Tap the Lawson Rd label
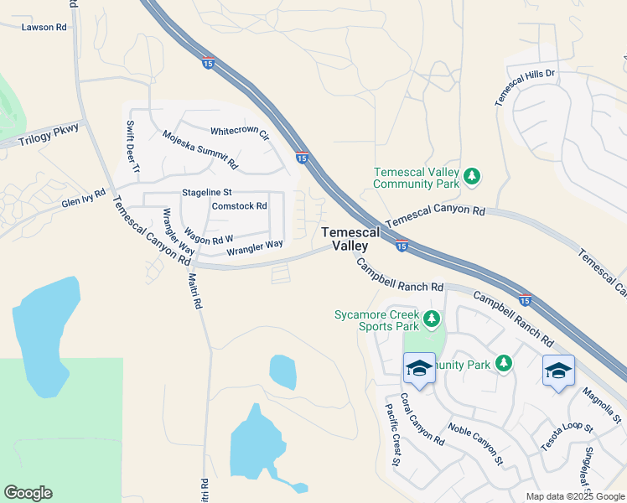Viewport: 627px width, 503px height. [x=44, y=27]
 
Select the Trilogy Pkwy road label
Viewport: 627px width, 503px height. [x=50, y=133]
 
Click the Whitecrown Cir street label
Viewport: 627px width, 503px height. [x=240, y=132]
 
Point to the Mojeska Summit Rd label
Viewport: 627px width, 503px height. [x=200, y=149]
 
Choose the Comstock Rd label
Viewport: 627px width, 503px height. [x=239, y=205]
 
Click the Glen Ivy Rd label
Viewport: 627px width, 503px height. [x=83, y=200]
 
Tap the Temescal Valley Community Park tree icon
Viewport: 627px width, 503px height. [x=472, y=175]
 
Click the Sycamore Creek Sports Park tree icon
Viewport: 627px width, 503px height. [x=432, y=319]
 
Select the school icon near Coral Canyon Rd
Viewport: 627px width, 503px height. [x=418, y=368]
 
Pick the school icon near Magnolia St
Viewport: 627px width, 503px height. [x=558, y=370]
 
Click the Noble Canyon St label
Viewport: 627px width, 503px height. [x=474, y=444]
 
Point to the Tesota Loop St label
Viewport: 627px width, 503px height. [x=567, y=438]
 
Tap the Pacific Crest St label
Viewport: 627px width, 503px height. [x=393, y=444]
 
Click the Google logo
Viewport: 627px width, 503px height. [x=28, y=493]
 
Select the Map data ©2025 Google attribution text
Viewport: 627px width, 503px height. [x=575, y=496]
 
